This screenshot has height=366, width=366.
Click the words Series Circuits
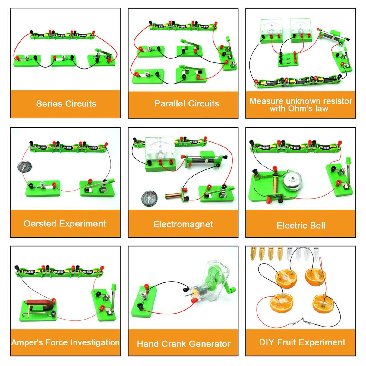click(66, 104)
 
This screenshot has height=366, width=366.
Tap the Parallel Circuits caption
click(186, 103)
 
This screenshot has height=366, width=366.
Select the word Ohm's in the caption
click(301, 109)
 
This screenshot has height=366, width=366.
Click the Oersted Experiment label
click(65, 223)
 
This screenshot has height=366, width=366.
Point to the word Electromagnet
click(183, 224)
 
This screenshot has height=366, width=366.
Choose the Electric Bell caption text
click(301, 225)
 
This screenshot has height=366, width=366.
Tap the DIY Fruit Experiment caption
click(302, 342)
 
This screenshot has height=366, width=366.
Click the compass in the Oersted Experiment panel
click(24, 166)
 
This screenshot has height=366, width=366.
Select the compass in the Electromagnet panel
click(149, 198)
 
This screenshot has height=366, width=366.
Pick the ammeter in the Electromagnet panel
click(160, 147)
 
